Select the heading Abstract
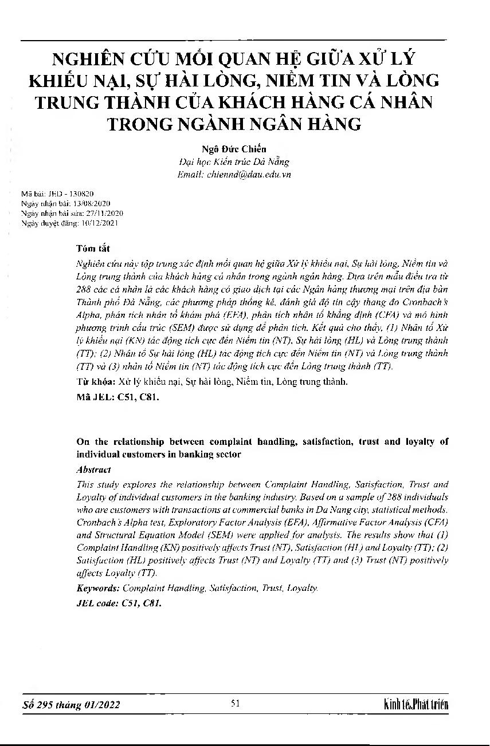(x=93, y=469)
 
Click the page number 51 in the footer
(x=234, y=704)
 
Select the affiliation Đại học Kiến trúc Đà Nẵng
(x=234, y=163)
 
